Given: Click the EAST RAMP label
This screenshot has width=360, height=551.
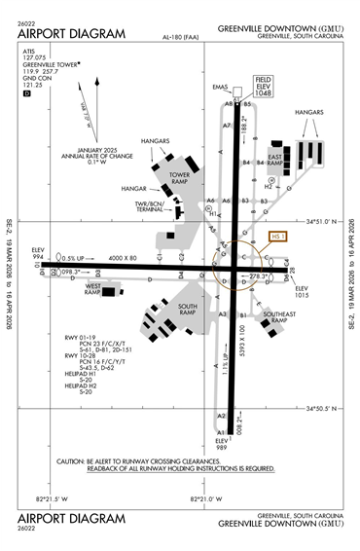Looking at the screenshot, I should pyautogui.click(x=274, y=161).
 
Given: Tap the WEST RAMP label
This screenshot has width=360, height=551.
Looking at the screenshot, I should pyautogui.click(x=94, y=289).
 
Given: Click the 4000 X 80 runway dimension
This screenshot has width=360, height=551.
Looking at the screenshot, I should pyautogui.click(x=124, y=256).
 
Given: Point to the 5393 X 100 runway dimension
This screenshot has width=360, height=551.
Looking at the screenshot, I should pyautogui.click(x=240, y=338).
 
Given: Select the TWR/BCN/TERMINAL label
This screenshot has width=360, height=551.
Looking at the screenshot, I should pyautogui.click(x=150, y=206).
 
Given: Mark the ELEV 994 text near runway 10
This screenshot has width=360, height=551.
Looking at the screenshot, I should pyautogui.click(x=39, y=253).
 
